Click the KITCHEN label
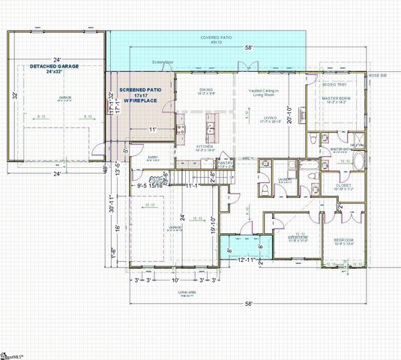click(206, 147)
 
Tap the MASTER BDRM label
click(337, 99)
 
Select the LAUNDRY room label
click(284, 179)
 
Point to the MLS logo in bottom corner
click(12, 353)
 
